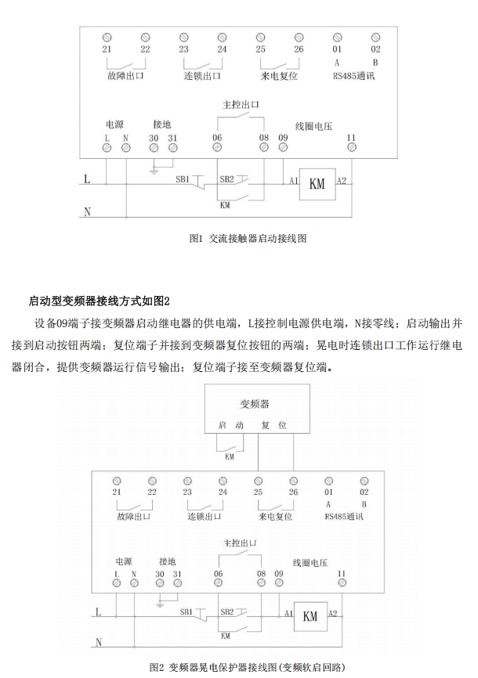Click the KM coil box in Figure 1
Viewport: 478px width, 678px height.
[x=317, y=185]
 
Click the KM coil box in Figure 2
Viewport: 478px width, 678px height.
[x=309, y=615]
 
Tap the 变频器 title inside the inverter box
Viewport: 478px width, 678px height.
[x=254, y=404]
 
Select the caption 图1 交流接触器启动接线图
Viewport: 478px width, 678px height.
[x=248, y=238]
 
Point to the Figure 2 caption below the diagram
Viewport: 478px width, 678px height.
[x=249, y=666]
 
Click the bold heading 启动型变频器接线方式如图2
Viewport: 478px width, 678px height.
[x=100, y=301]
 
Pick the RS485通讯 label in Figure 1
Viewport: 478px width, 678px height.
[x=355, y=76]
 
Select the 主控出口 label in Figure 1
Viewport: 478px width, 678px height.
[x=241, y=103]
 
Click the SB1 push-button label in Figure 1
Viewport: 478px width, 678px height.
[x=183, y=179]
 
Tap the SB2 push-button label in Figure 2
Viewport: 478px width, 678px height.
[x=227, y=611]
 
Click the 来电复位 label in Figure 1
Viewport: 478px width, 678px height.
[x=280, y=77]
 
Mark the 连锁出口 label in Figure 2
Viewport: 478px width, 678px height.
[x=205, y=518]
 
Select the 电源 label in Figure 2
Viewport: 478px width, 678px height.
[x=125, y=561]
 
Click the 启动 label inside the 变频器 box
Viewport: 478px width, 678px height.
[x=231, y=425]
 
